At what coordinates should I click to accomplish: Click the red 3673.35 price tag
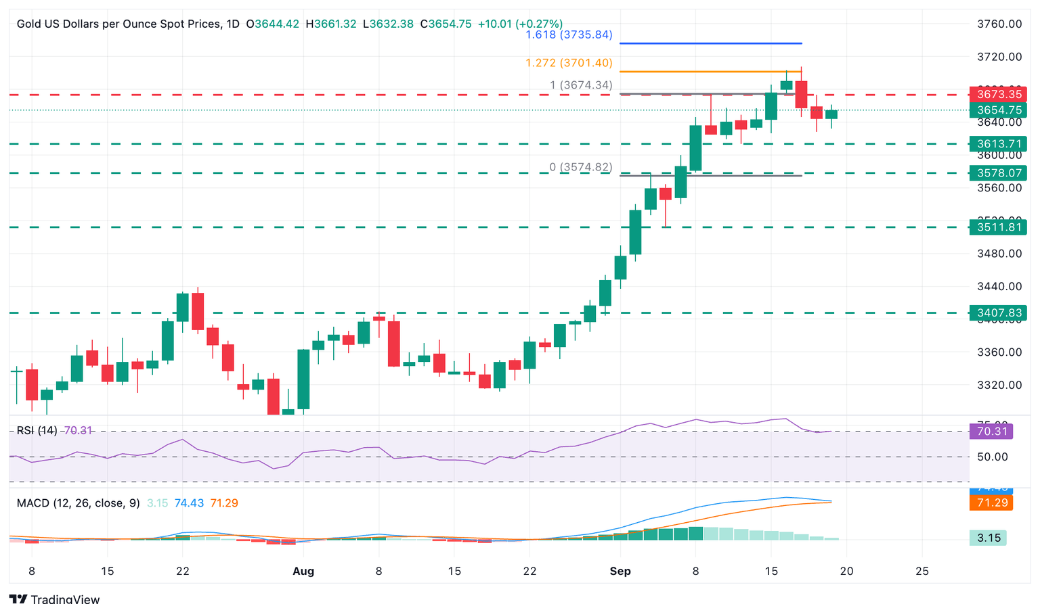point(999,94)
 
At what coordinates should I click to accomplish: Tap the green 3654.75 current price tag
point(999,110)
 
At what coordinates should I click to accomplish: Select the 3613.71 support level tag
point(999,143)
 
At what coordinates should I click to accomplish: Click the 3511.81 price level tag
point(999,227)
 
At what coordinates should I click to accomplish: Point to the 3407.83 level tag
point(999,312)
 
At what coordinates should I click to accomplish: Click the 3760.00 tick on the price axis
point(999,24)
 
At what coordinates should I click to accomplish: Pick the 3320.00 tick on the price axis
point(999,385)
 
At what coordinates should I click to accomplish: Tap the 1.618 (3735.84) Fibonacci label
point(569,34)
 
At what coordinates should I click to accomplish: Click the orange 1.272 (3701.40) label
point(569,63)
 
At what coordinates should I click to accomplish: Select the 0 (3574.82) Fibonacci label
point(580,167)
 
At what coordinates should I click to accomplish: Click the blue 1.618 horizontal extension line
point(711,43)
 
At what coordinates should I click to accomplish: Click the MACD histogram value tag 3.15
point(989,538)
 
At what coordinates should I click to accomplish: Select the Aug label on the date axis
point(303,571)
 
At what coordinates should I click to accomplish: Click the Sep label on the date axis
point(620,571)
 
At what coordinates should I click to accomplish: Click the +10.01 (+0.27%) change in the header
point(519,24)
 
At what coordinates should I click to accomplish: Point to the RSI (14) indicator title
point(37,430)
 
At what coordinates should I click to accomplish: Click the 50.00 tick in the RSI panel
point(992,457)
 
